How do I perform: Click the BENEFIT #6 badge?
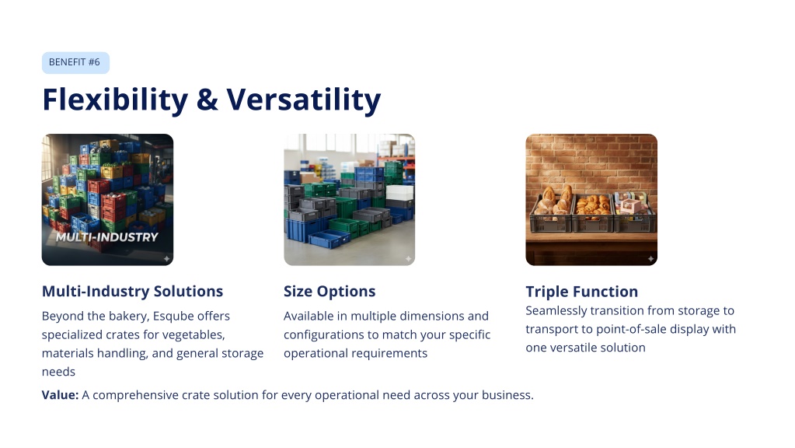[x=75, y=62]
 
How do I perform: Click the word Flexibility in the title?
[x=115, y=100]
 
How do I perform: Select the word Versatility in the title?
[x=303, y=100]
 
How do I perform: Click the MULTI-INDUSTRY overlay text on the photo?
[x=107, y=237]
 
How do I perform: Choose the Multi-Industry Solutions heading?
[x=132, y=291]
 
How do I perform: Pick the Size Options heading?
[x=330, y=291]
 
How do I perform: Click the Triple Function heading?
[x=581, y=292]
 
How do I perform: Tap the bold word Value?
[x=61, y=395]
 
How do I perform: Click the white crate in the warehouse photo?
[x=399, y=194]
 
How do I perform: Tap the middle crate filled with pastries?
[x=591, y=213]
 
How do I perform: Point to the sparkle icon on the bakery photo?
[x=650, y=259]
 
